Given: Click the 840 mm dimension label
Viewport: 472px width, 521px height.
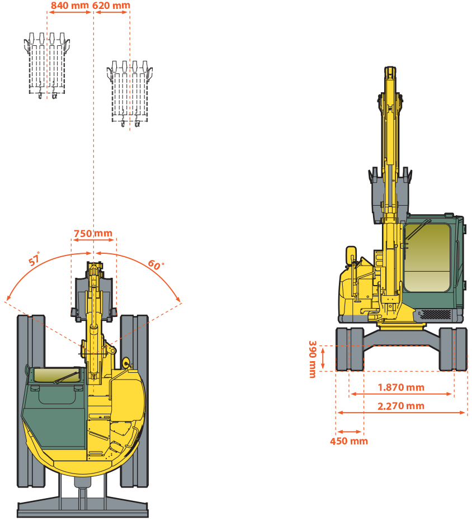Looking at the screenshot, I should (69, 6).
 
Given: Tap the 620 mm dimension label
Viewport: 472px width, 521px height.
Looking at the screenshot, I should (112, 6).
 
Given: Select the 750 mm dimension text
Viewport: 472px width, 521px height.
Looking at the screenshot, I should (93, 233).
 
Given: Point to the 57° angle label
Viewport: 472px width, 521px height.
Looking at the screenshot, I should (35, 260).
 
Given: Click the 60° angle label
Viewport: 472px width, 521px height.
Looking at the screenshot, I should (155, 264).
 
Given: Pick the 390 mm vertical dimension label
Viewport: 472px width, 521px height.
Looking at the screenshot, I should (312, 359).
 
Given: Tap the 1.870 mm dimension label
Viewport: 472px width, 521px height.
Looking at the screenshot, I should (401, 387).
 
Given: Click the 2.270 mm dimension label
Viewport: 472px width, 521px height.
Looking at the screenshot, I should (401, 405).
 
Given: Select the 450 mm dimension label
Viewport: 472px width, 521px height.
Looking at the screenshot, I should (349, 441).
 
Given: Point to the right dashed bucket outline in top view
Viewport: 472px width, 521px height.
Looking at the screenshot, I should (130, 92).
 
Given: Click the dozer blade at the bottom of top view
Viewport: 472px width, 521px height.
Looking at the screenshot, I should (82, 509).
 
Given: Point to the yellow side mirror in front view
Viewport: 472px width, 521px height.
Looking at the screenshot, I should (351, 255).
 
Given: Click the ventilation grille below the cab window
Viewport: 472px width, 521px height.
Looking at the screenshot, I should (435, 314).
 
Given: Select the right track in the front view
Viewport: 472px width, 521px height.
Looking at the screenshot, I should (453, 349).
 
